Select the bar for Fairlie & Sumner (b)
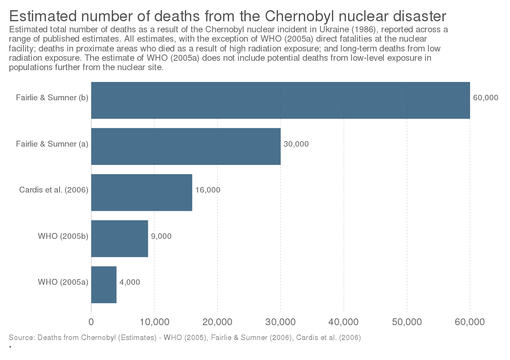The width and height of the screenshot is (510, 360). pyautogui.click(x=280, y=100)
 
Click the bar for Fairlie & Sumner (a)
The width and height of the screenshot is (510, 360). pyautogui.click(x=186, y=146)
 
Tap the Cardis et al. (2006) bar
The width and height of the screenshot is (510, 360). pyautogui.click(x=142, y=192)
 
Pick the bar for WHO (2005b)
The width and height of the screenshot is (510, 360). pyautogui.click(x=119, y=238)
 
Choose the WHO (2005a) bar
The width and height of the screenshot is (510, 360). pyautogui.click(x=104, y=284)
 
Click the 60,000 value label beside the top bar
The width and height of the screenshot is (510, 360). pyautogui.click(x=485, y=98)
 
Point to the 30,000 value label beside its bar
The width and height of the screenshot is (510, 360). pyautogui.click(x=296, y=144)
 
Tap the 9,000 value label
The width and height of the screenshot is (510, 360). pyautogui.click(x=161, y=236)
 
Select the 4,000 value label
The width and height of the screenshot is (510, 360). pyautogui.click(x=129, y=282)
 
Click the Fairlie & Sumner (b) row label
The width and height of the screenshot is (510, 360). pyautogui.click(x=52, y=98)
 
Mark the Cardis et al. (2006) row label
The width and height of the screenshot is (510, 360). pyautogui.click(x=54, y=190)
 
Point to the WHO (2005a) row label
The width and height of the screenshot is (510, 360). pyautogui.click(x=63, y=282)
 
